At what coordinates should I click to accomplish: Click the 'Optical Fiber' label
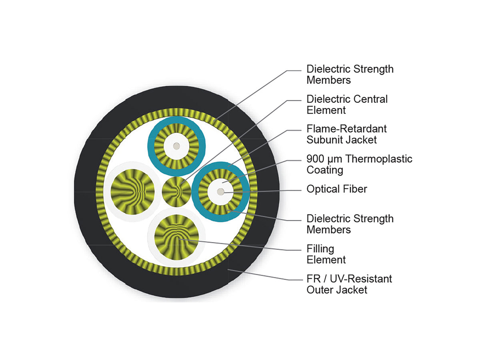(336, 189)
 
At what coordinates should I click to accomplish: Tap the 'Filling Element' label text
(326, 254)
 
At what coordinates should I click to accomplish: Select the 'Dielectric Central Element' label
(347, 104)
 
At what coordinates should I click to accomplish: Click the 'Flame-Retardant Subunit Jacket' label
(346, 134)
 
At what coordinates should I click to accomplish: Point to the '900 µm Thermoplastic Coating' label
(359, 164)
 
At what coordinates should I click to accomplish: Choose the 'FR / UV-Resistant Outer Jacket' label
(349, 284)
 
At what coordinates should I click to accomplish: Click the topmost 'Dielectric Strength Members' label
(350, 74)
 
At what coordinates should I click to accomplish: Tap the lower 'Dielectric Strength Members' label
(350, 224)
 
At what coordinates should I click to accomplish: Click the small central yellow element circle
(176, 192)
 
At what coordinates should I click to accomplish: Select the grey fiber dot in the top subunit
(176, 146)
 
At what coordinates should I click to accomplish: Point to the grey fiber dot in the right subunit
(220, 192)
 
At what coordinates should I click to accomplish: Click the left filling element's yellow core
(132, 192)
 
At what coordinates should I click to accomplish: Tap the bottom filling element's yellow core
(176, 237)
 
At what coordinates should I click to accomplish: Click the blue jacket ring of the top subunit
(151, 146)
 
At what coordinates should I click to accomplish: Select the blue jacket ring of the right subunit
(195, 192)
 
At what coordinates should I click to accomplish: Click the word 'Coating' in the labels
(325, 170)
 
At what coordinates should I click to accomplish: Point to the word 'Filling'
(320, 249)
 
